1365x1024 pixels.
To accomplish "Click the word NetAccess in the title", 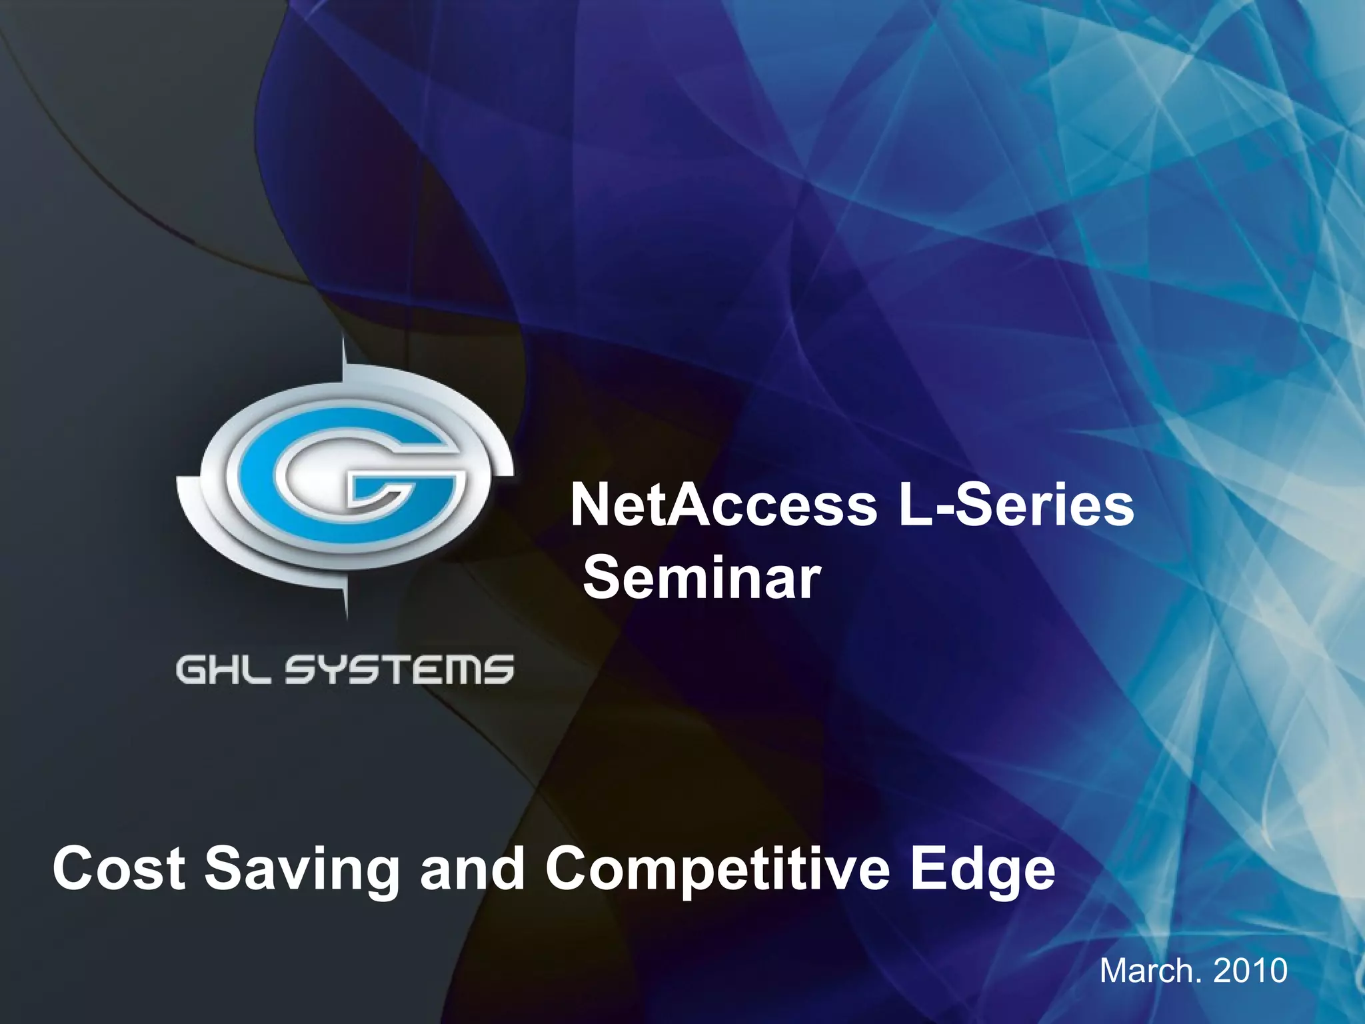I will click(x=724, y=506).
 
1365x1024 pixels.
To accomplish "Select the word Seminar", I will click(x=702, y=578).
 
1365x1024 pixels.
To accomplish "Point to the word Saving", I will click(x=301, y=870).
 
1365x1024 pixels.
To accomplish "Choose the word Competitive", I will click(x=717, y=870).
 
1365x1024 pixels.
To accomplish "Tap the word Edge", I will click(x=983, y=870).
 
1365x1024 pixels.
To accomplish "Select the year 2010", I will click(x=1250, y=970).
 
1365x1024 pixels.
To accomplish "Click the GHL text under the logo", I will click(x=223, y=669).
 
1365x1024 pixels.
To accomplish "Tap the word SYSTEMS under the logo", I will click(x=400, y=669).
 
